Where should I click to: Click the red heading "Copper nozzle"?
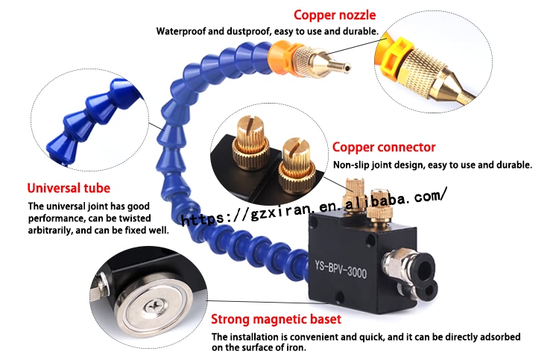click(335, 15)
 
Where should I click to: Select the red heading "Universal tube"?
click(69, 188)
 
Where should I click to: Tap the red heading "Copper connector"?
click(384, 148)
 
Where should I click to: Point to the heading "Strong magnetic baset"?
click(276, 319)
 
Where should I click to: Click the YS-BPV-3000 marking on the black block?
click(341, 269)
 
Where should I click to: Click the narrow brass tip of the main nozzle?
click(341, 66)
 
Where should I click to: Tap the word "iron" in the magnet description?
click(296, 347)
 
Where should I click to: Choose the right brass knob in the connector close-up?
click(297, 165)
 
